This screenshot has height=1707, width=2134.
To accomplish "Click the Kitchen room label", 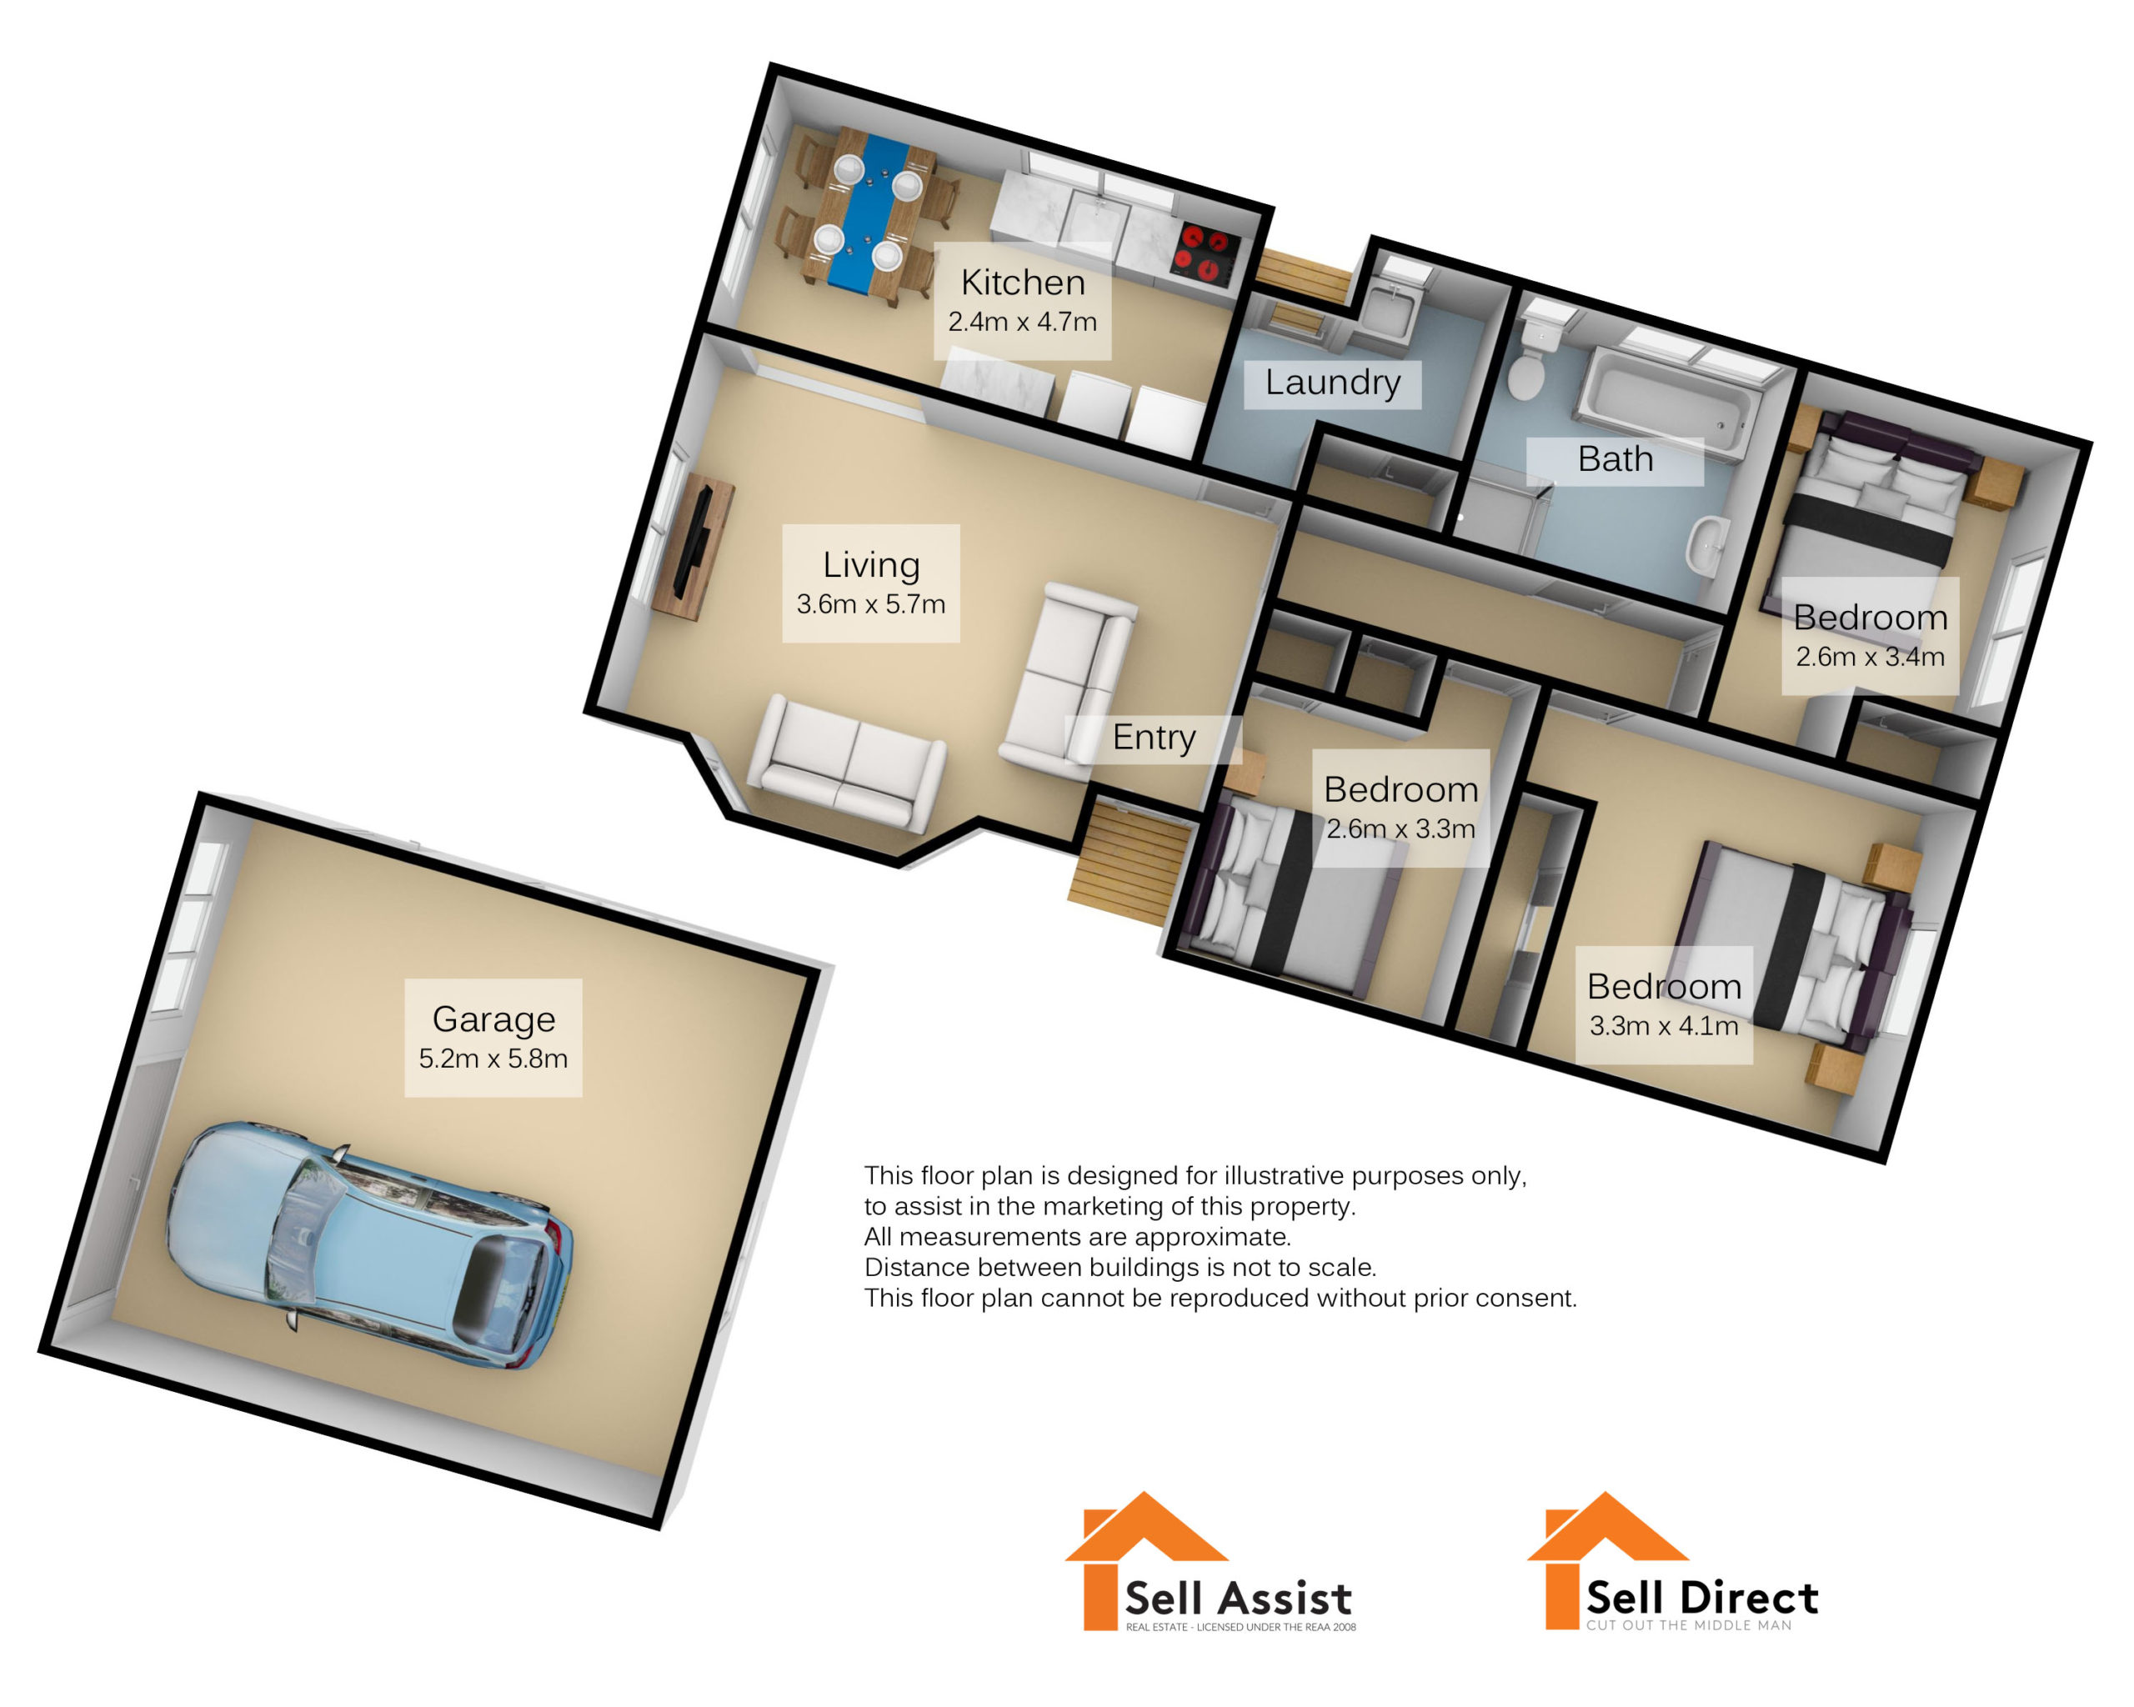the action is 1023,283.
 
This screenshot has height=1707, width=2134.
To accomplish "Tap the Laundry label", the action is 1332,382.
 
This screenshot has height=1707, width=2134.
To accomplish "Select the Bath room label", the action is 1615,459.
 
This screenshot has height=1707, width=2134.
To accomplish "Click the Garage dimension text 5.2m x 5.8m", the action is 493,1059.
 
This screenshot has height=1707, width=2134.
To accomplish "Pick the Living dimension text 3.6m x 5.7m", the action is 870,604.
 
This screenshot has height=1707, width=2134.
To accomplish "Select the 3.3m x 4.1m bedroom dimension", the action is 1663,1026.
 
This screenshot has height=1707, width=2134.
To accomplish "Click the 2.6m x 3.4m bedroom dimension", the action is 1870,657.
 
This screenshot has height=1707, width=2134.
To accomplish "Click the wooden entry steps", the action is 1129,863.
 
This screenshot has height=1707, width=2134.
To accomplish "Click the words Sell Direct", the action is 1701,1598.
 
